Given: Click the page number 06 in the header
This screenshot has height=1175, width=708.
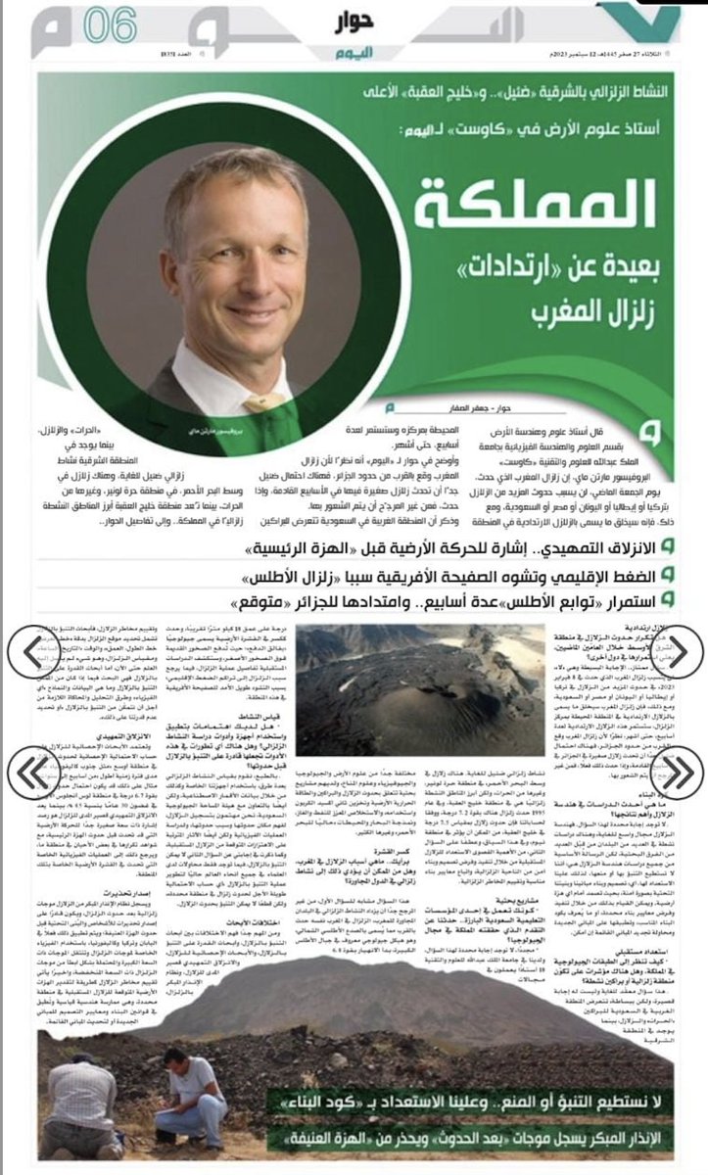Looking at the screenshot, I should click(x=110, y=25).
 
